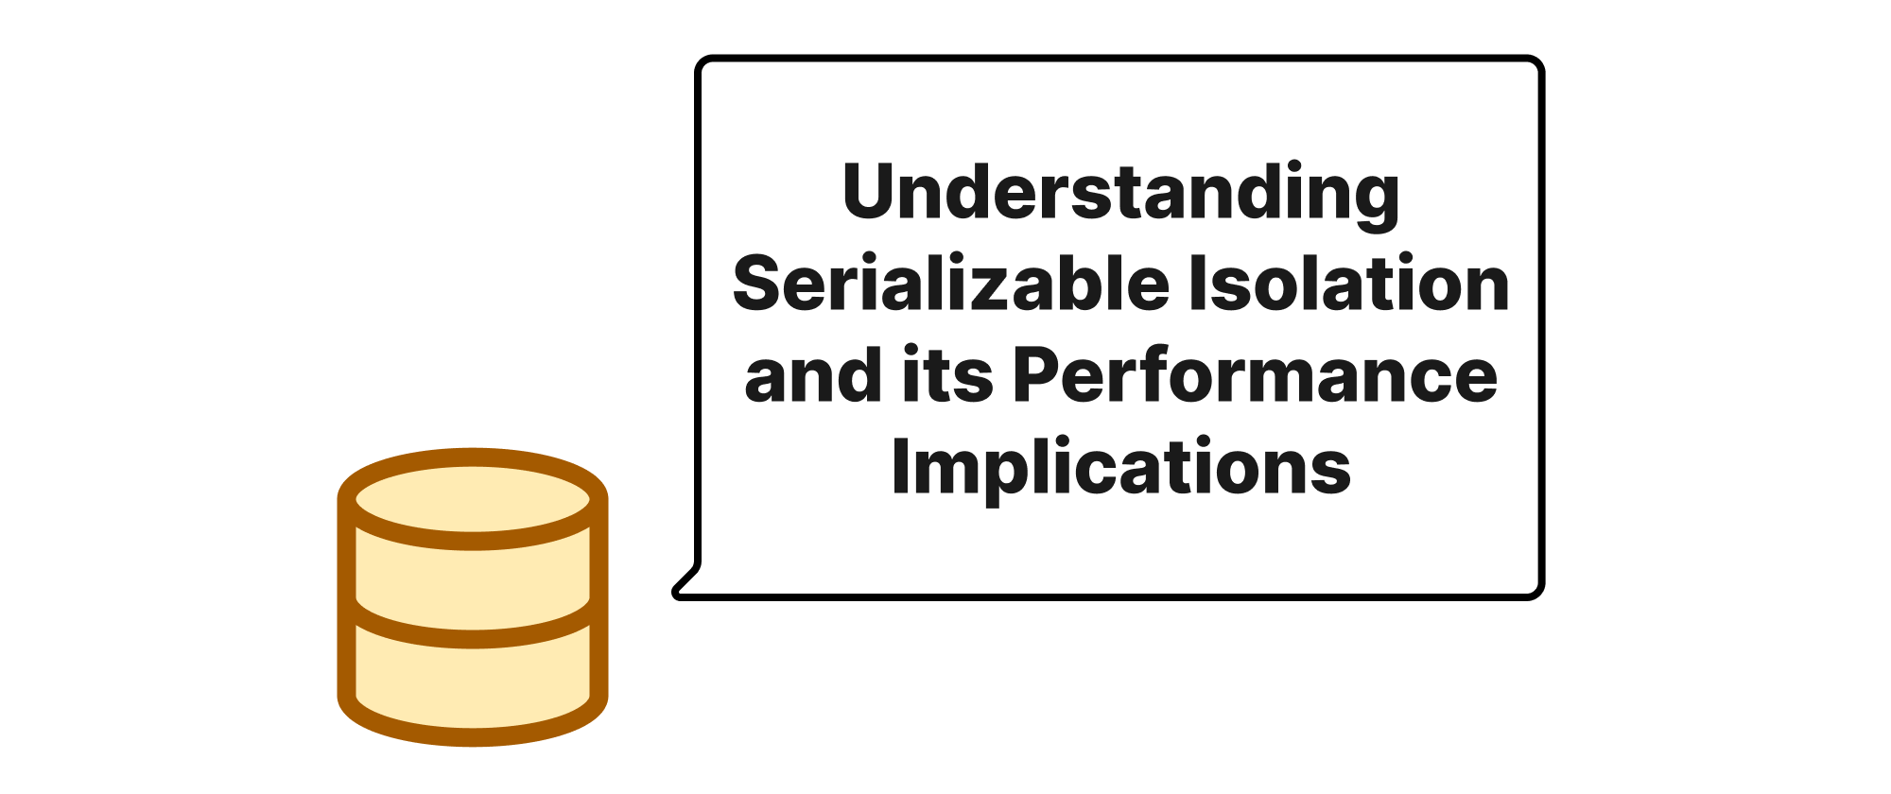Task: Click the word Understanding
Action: point(1120,194)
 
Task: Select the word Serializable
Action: point(951,284)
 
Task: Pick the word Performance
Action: point(1256,375)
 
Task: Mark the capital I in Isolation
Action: point(1196,284)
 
